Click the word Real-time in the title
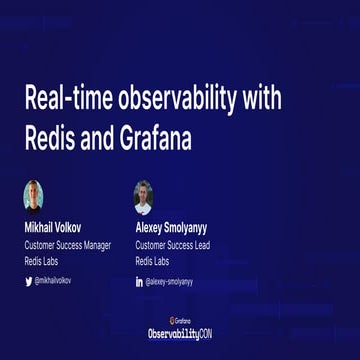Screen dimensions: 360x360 click(x=64, y=98)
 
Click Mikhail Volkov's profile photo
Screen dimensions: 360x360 click(x=33, y=194)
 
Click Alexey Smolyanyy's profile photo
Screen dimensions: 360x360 click(x=144, y=196)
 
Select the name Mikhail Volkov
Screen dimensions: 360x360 click(x=58, y=226)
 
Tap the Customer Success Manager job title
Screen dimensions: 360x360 click(x=67, y=244)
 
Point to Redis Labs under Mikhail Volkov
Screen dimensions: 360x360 click(x=41, y=261)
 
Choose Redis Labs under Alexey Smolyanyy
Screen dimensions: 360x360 click(x=152, y=261)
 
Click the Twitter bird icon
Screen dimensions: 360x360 click(x=28, y=281)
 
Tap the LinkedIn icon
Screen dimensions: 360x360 click(x=139, y=282)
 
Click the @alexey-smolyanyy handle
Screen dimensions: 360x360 click(x=169, y=282)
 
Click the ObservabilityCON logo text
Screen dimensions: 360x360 click(x=180, y=333)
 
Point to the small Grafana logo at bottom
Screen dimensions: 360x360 click(x=180, y=320)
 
